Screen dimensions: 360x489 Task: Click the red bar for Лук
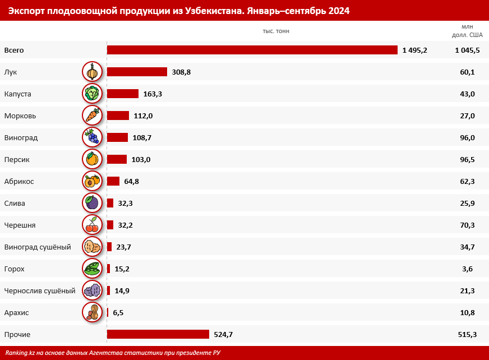click(137, 72)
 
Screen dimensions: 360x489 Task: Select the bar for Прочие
click(158, 334)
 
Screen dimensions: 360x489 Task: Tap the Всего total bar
click(252, 50)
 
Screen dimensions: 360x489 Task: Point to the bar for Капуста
click(122, 94)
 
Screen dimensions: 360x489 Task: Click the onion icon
click(92, 72)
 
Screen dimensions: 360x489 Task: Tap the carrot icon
click(92, 116)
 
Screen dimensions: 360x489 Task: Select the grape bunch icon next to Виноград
click(92, 137)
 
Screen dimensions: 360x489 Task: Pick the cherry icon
click(92, 225)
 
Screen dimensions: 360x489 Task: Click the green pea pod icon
click(92, 269)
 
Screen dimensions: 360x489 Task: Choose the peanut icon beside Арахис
click(92, 312)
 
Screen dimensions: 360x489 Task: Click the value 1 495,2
click(414, 50)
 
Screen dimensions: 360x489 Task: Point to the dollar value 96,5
click(467, 159)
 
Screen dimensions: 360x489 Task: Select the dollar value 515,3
click(467, 334)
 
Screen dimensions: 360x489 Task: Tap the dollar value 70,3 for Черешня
click(467, 225)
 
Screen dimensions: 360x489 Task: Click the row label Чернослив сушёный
click(39, 290)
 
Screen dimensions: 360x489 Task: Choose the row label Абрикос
click(19, 181)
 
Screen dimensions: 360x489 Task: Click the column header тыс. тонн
click(276, 31)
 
